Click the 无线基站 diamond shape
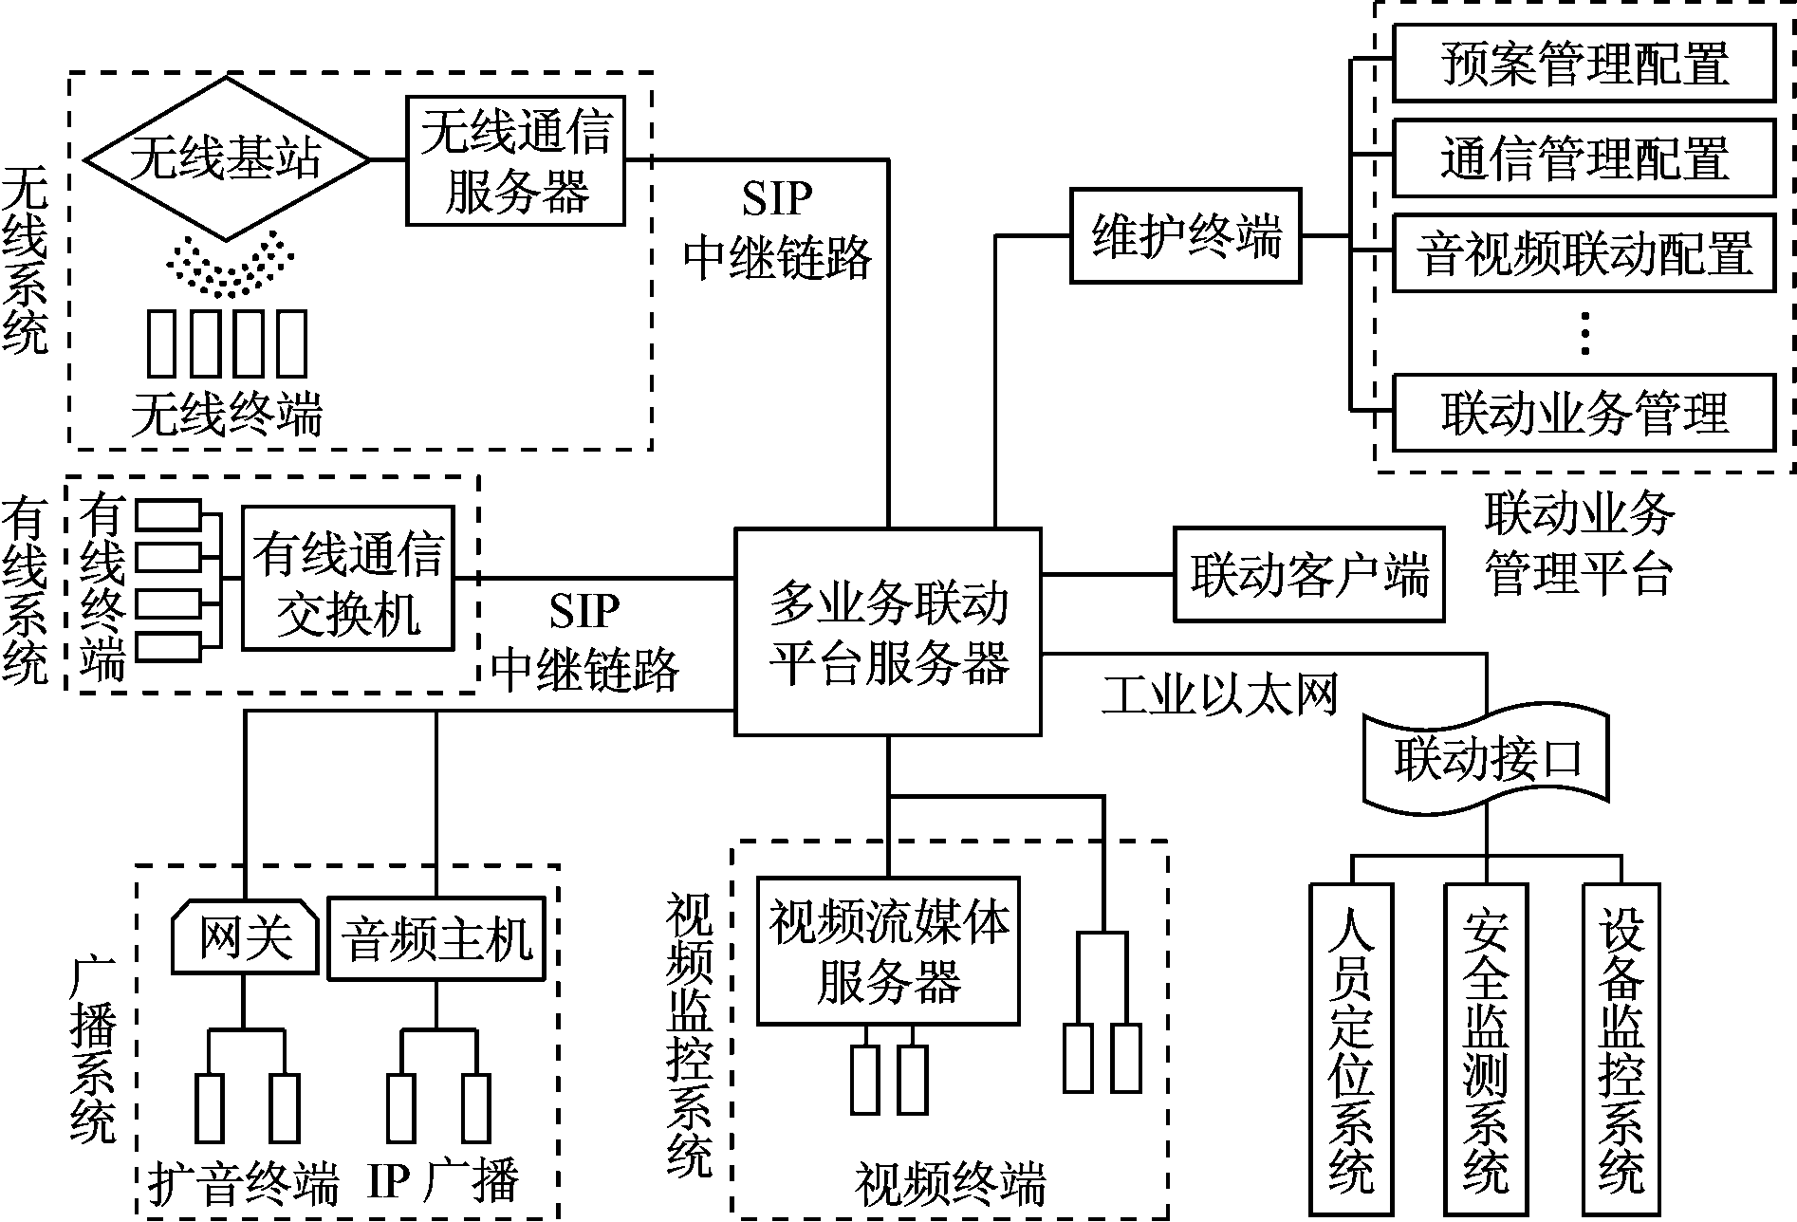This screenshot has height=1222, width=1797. point(226,159)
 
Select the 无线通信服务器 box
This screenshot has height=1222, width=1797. point(515,159)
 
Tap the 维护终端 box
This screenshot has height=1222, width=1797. point(1185,235)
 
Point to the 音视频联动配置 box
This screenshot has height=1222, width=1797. point(1583,253)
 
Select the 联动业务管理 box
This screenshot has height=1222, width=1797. point(1583,413)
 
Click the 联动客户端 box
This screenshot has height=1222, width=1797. point(1308,575)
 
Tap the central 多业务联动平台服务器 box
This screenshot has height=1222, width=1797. point(888,631)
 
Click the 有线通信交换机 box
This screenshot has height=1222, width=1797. point(347,578)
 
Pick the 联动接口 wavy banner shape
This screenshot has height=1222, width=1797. point(1486,759)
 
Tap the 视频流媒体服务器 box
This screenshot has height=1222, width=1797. point(888,951)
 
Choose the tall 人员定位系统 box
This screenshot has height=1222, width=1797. point(1351,1048)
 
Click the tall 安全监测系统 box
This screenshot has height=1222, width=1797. point(1486,1048)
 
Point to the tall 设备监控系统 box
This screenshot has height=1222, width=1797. point(1621,1048)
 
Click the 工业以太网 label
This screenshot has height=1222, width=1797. point(1219,695)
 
